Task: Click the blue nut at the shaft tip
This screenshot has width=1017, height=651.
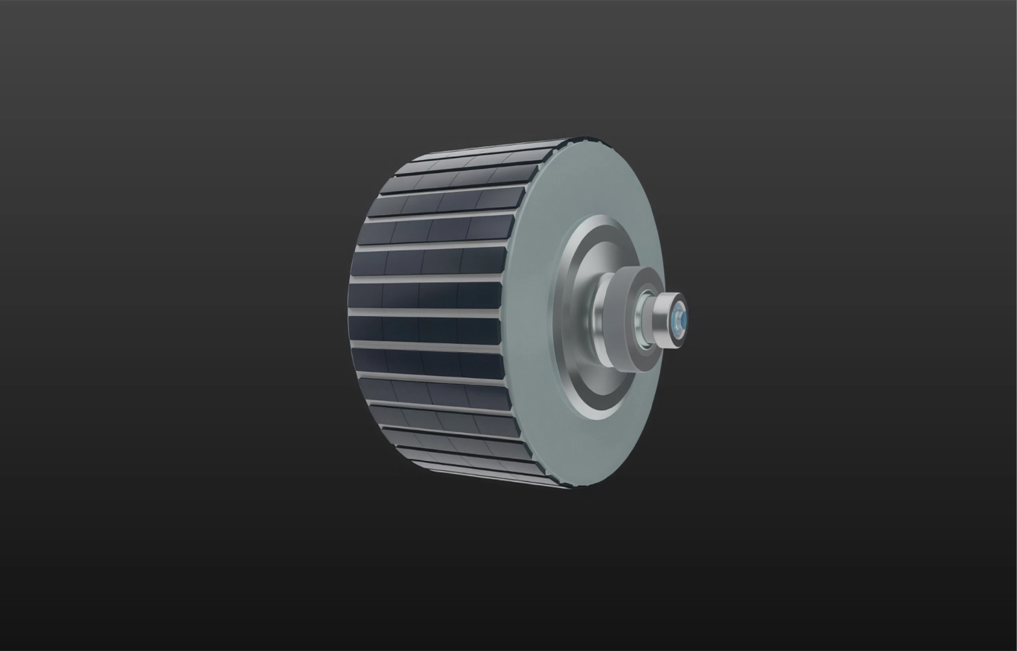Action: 680,318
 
